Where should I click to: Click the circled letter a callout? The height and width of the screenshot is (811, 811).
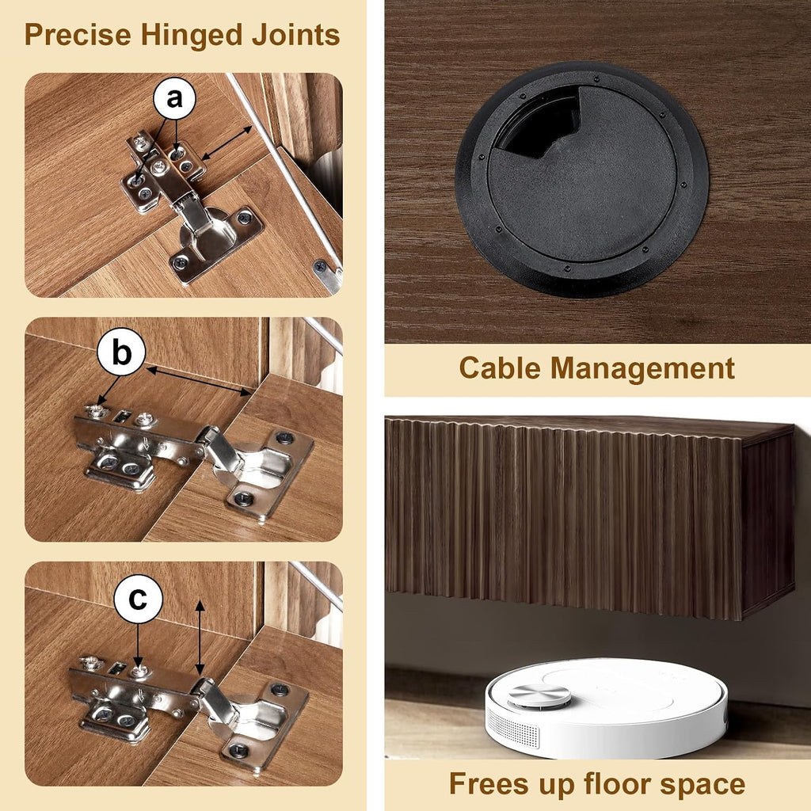pos(175,98)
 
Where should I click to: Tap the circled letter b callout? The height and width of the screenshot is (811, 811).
pos(121,353)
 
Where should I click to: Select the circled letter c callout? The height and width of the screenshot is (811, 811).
pos(138,599)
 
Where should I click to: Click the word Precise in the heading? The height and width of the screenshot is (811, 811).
pos(78,35)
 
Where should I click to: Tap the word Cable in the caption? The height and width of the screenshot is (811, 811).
pos(500,367)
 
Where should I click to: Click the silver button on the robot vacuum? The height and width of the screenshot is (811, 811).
pos(539,695)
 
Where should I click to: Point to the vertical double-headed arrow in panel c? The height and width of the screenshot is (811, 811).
pos(200,638)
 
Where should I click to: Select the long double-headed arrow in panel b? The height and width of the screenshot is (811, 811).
pos(199,382)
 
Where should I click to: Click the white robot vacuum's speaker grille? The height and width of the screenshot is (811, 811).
pos(514,729)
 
